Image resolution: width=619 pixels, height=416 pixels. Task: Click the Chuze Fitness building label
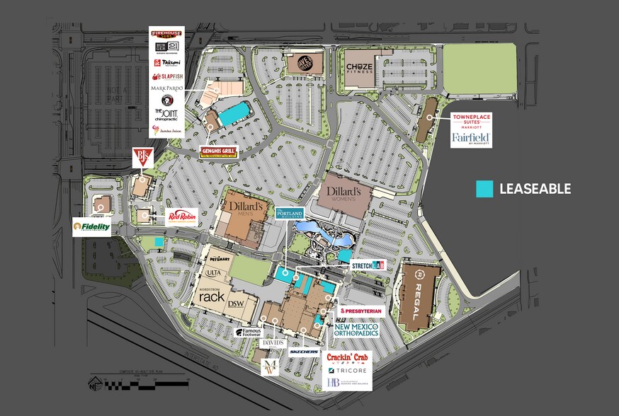tap(359, 68)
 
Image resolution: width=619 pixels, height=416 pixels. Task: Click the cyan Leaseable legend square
tap(484, 189)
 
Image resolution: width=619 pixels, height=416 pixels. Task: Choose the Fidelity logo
tap(91, 227)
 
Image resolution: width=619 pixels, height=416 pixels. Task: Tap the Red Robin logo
tap(180, 216)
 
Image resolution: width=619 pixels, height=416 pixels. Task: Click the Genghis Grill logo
tap(219, 151)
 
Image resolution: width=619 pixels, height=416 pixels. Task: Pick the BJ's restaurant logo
tap(142, 158)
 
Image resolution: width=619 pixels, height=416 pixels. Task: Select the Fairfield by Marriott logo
tap(471, 138)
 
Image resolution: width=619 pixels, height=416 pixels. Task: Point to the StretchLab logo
tap(368, 265)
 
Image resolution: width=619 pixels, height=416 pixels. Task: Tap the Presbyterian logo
tap(361, 311)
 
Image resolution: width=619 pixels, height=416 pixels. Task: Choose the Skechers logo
tap(304, 351)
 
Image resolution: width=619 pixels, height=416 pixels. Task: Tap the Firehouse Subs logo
tap(166, 33)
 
